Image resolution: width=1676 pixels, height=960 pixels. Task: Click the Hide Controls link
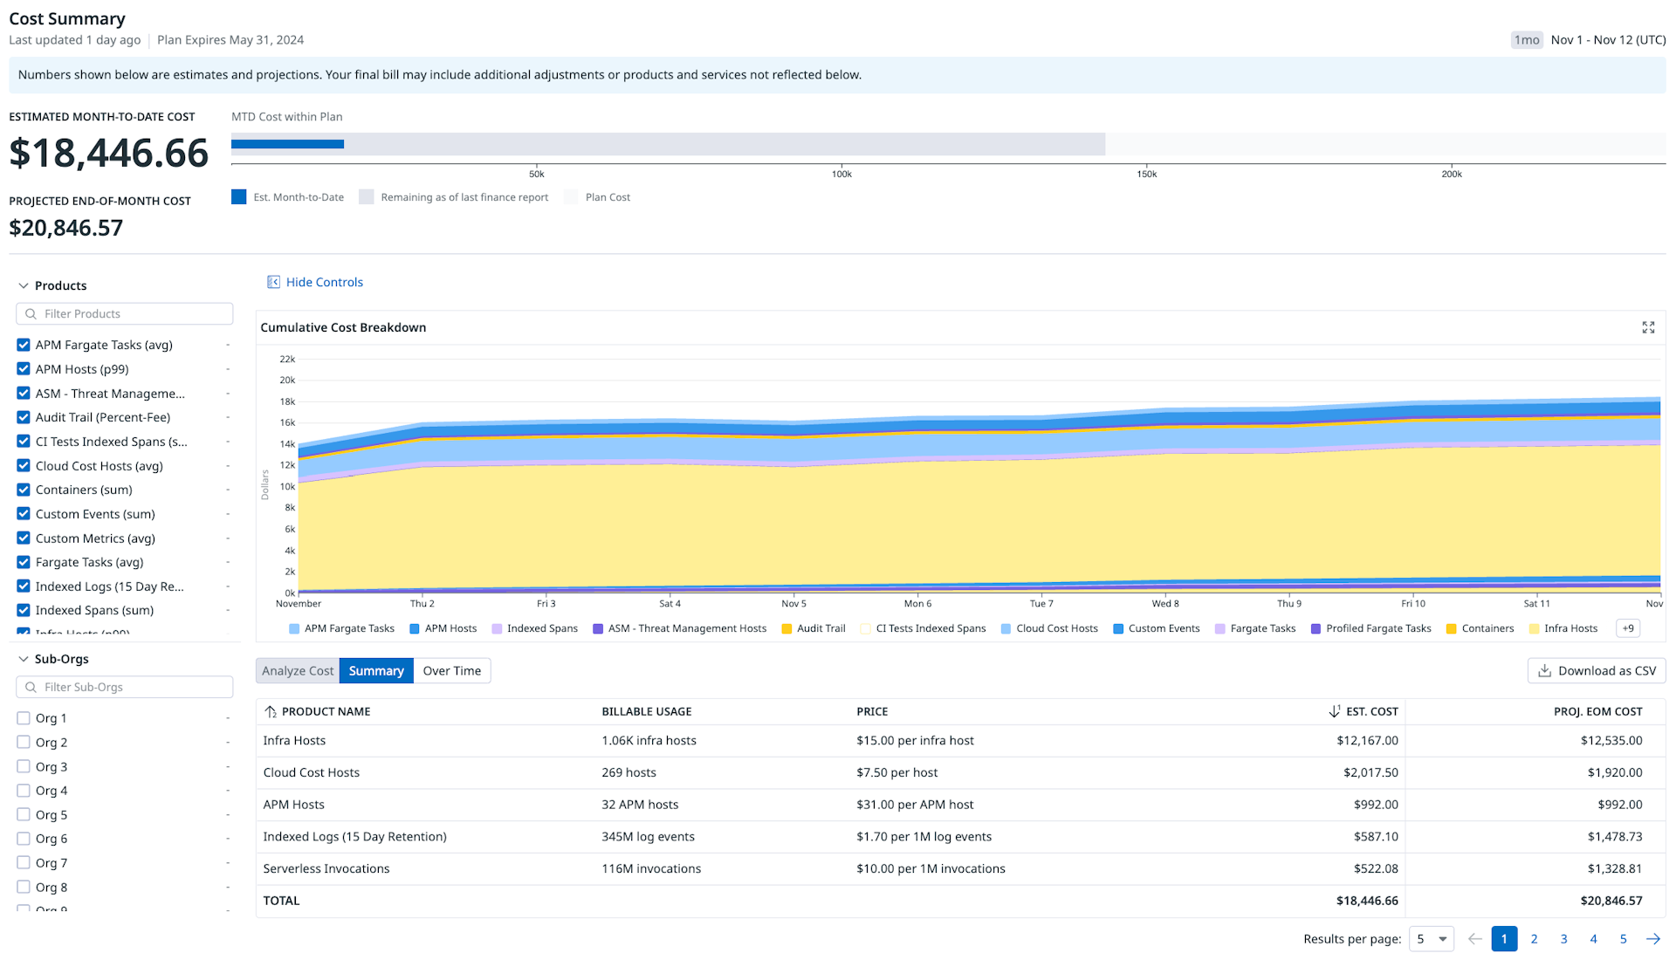(315, 282)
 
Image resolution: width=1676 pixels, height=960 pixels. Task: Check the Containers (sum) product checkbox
(24, 490)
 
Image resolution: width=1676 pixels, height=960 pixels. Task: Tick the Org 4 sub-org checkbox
(24, 791)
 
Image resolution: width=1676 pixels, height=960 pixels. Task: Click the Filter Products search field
(125, 313)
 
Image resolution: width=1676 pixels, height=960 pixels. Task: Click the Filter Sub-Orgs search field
(125, 687)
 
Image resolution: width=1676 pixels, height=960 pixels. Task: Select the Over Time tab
(451, 670)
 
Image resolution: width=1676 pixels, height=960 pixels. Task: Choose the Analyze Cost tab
(298, 670)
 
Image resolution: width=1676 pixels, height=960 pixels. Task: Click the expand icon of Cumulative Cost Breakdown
(1648, 327)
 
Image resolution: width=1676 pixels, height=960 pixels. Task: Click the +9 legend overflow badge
(1628, 628)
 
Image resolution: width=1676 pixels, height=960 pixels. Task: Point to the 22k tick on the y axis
(287, 359)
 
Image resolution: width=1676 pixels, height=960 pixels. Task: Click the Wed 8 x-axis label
(1165, 603)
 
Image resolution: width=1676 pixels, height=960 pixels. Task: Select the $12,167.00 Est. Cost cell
(1367, 740)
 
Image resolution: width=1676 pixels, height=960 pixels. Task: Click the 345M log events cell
(648, 836)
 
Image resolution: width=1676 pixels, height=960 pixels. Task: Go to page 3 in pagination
(1563, 939)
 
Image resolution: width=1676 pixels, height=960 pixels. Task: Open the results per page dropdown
(1432, 939)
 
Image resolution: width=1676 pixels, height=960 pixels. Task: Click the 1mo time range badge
(1527, 40)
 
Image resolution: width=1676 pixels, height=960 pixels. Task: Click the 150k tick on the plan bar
(1146, 174)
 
